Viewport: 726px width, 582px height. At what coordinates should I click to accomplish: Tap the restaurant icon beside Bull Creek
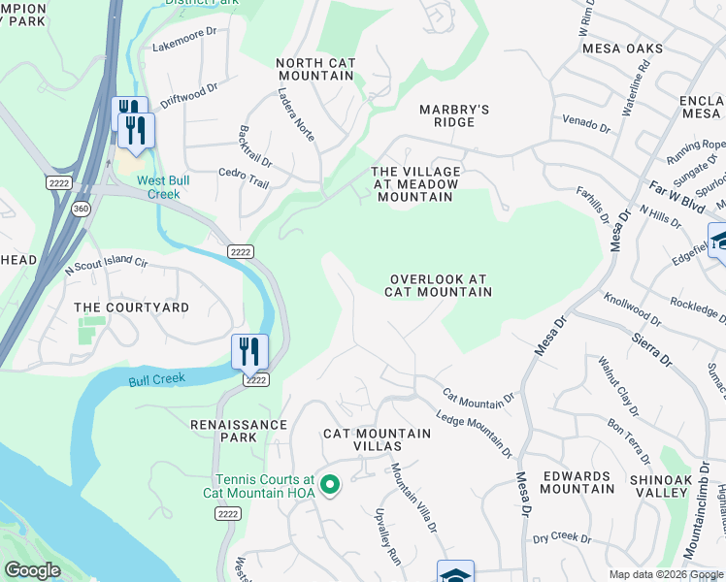[249, 351]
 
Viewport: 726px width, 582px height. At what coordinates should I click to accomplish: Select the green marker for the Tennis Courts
[329, 484]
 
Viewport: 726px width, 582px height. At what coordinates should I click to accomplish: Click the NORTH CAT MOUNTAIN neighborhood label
[315, 70]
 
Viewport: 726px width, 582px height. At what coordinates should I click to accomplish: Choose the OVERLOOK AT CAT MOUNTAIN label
[438, 284]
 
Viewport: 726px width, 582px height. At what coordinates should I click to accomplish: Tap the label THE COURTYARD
[132, 307]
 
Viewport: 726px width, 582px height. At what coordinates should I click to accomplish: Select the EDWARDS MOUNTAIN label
[578, 482]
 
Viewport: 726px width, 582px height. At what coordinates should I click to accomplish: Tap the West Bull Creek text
[163, 187]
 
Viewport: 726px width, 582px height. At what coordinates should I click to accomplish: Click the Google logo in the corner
[32, 570]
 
